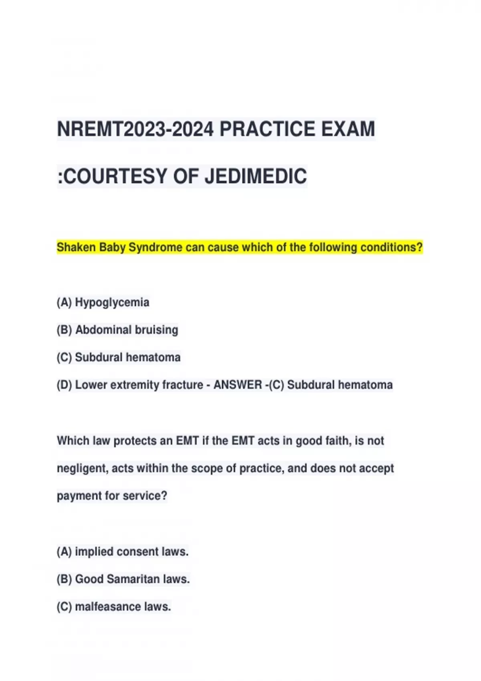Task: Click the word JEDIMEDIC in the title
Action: (256, 176)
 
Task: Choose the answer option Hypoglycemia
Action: (112, 302)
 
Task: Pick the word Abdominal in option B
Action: (103, 330)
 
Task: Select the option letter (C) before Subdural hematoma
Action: (64, 357)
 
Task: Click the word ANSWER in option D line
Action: (237, 385)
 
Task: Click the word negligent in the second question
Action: (82, 468)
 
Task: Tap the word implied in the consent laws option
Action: (91, 552)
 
